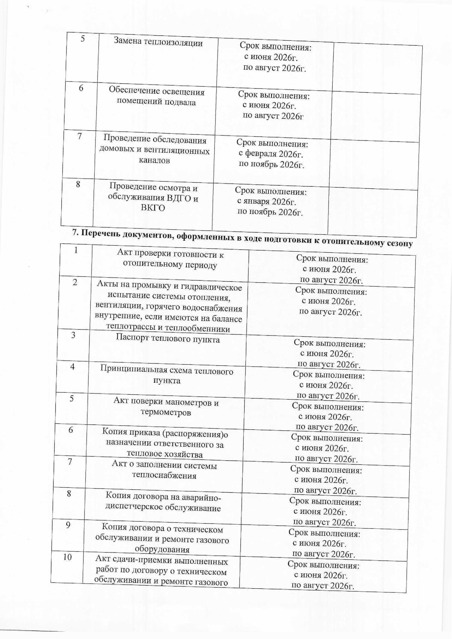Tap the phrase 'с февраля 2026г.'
tap(271, 154)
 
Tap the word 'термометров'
tap(166, 413)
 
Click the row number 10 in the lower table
tap(68, 557)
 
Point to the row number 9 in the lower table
tap(68, 525)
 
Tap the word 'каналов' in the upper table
tap(154, 160)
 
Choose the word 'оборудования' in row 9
tap(162, 549)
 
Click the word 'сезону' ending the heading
tap(400, 243)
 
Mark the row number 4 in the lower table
tap(72, 367)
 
